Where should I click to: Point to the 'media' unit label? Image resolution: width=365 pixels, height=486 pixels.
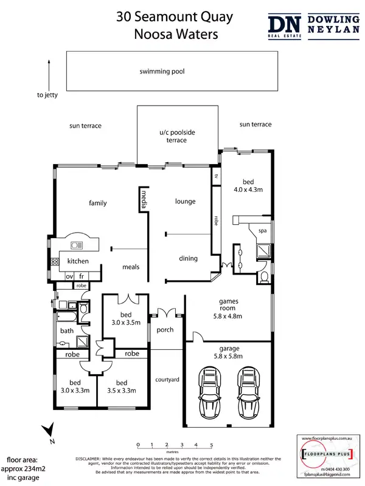[144, 200]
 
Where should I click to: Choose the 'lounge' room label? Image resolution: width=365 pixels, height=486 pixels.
[185, 201]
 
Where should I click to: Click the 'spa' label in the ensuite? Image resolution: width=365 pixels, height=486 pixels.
[263, 231]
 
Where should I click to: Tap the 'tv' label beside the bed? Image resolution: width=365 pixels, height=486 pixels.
[215, 176]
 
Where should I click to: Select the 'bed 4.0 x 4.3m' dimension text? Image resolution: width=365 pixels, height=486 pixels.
[252, 185]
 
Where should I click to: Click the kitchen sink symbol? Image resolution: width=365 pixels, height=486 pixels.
[77, 245]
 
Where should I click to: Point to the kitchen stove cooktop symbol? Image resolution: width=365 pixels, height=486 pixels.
[54, 261]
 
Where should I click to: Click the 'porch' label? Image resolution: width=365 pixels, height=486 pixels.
[165, 330]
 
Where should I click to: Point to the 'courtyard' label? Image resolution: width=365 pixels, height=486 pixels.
[167, 380]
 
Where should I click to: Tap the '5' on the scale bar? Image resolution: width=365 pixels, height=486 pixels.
[211, 445]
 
